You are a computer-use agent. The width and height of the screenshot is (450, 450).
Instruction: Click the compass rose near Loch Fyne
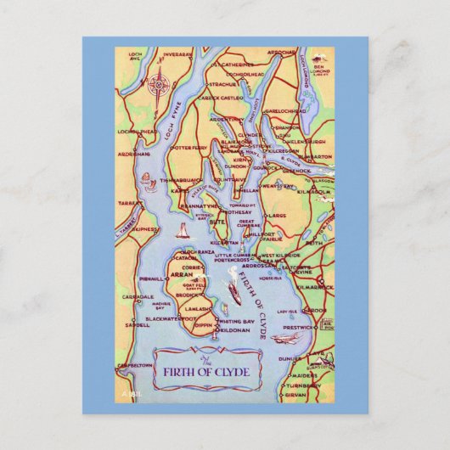(158, 86)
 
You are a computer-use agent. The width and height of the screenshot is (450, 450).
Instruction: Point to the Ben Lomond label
(320, 67)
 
